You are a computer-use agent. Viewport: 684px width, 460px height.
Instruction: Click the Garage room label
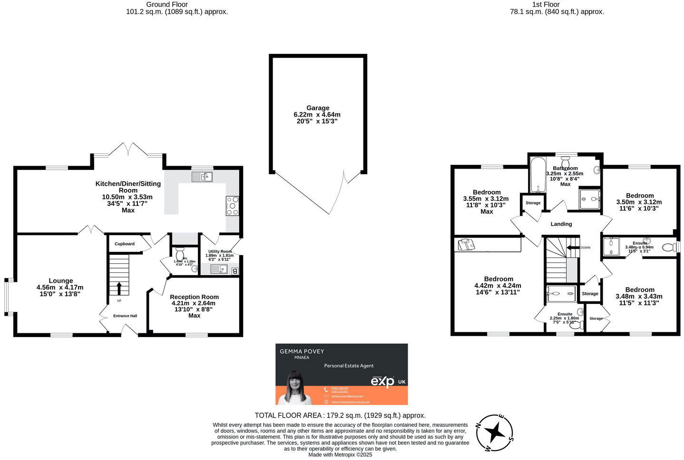(x=317, y=108)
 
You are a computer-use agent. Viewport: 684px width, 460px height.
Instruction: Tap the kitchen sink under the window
(x=202, y=177)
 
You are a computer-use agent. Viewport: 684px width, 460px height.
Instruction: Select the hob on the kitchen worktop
(x=232, y=206)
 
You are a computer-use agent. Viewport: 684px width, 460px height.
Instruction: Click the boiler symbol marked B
(x=234, y=271)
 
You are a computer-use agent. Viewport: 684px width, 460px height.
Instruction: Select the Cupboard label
(x=124, y=244)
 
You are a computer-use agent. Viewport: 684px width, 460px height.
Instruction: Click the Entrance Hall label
(x=125, y=316)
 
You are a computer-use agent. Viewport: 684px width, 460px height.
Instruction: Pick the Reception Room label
(x=194, y=297)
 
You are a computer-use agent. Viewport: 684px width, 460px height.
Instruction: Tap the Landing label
(x=561, y=224)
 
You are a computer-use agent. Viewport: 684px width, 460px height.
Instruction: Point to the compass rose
(x=495, y=432)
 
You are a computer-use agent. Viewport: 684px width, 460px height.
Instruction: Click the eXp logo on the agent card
(x=383, y=381)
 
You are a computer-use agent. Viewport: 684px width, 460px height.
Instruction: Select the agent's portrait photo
(x=295, y=388)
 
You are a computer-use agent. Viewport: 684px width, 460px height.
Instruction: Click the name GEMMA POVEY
(x=302, y=351)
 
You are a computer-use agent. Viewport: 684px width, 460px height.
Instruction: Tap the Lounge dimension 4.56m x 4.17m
(x=60, y=287)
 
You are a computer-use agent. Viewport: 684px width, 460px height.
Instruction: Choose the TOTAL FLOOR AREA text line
(x=340, y=415)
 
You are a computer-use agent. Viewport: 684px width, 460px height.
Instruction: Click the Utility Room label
(x=220, y=251)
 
